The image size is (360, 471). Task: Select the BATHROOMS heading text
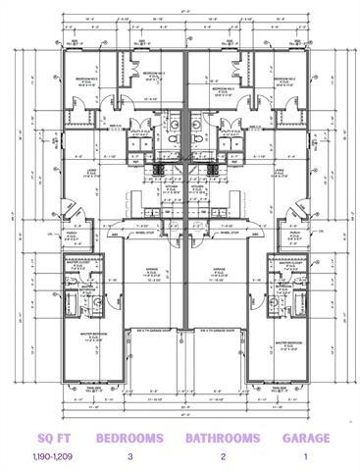[223, 438]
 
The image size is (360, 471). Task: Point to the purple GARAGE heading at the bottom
[306, 438]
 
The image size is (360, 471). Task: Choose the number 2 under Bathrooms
[223, 457]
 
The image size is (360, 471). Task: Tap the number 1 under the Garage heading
[306, 457]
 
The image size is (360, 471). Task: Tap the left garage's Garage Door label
[147, 330]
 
